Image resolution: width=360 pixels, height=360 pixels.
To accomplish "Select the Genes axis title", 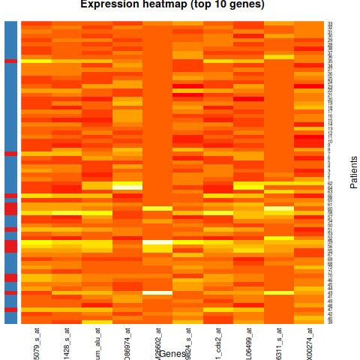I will (x=173, y=353).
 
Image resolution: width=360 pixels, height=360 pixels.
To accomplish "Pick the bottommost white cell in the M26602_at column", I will (x=157, y=292).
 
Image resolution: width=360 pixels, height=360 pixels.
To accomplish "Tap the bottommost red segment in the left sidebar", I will (x=10, y=309).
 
